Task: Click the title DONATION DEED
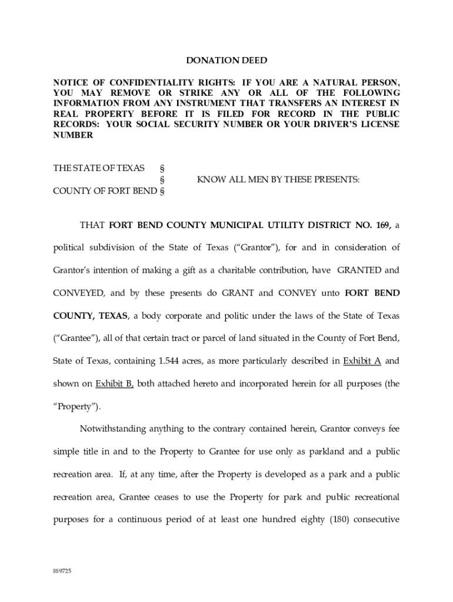pyautogui.click(x=226, y=61)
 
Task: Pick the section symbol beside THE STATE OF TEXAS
pyautogui.click(x=162, y=168)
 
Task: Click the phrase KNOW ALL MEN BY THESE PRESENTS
pyautogui.click(x=278, y=179)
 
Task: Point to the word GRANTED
pyautogui.click(x=358, y=270)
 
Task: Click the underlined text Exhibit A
pyautogui.click(x=362, y=360)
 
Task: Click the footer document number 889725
pyautogui.click(x=62, y=571)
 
